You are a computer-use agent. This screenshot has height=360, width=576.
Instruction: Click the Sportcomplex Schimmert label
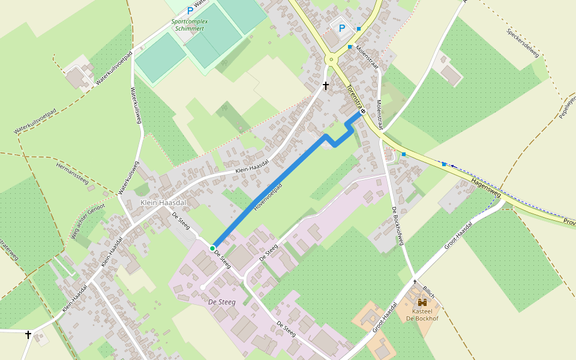point(190,25)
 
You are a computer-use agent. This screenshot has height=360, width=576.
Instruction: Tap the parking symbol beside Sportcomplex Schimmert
point(190,10)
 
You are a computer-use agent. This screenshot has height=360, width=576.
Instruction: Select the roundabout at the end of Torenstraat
point(331,59)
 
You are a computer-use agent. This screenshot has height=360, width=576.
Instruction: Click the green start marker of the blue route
point(212,248)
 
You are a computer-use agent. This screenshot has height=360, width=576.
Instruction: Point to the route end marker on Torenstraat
point(363,111)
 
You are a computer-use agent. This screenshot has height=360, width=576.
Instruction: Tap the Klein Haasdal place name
point(163,203)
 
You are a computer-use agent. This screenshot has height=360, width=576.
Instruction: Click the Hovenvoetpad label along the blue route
point(268,197)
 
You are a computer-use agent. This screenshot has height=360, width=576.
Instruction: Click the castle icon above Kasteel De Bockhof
point(422,302)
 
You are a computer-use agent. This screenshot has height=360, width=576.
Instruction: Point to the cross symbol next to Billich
point(415,281)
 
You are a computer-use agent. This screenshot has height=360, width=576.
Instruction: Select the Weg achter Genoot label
point(88,220)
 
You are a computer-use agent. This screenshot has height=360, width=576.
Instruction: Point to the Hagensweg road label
point(486,187)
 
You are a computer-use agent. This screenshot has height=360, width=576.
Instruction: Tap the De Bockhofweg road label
point(398,226)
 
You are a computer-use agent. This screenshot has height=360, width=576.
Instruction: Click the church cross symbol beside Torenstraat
point(326,86)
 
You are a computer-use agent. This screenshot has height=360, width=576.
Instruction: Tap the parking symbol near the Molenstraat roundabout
point(342,28)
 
